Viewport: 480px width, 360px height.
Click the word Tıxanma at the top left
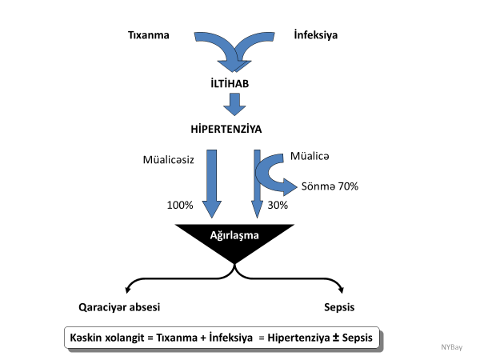click(149, 35)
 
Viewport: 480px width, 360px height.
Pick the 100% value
click(180, 206)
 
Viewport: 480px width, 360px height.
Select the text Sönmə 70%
click(330, 186)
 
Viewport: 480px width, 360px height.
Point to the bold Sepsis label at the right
click(339, 308)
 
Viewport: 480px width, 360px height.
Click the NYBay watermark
click(452, 346)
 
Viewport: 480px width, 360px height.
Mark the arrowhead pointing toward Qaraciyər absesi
click(128, 289)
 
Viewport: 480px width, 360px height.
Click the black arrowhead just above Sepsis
click(340, 290)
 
